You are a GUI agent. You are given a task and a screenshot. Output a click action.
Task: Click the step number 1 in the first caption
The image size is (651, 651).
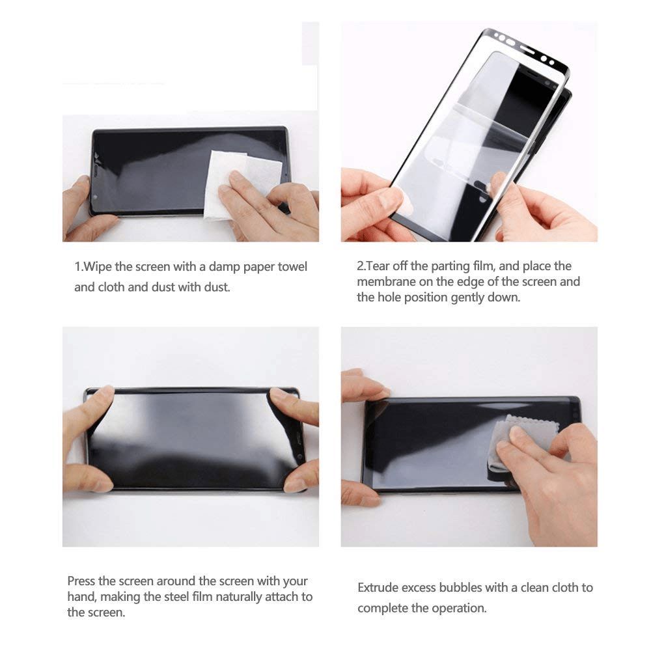[x=77, y=267]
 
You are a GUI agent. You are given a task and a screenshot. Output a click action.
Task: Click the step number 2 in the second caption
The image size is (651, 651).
[x=360, y=266]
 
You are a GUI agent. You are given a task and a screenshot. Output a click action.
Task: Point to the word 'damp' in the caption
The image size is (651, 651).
[x=223, y=267]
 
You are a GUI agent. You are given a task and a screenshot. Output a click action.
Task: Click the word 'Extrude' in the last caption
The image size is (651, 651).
[x=379, y=588]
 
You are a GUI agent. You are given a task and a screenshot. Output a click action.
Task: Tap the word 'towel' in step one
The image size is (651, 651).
[x=292, y=267]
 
